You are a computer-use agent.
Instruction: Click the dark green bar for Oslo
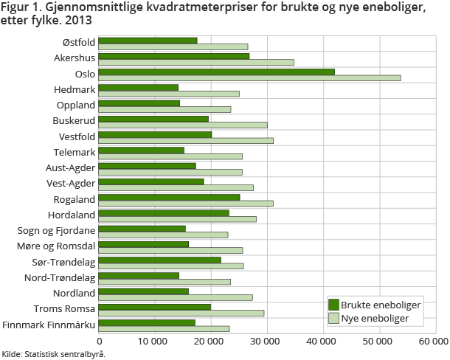point(216,72)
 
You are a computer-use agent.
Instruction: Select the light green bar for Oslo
point(249,77)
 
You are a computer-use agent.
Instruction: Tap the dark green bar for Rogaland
point(169,197)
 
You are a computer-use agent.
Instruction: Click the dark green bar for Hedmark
point(139,87)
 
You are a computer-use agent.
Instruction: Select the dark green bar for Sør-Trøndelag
point(159,260)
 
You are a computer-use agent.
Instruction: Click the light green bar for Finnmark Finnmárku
point(164,328)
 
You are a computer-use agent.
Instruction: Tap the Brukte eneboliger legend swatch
point(333,305)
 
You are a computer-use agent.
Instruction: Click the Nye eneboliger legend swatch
point(333,319)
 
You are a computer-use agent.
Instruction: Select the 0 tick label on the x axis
point(99,342)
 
